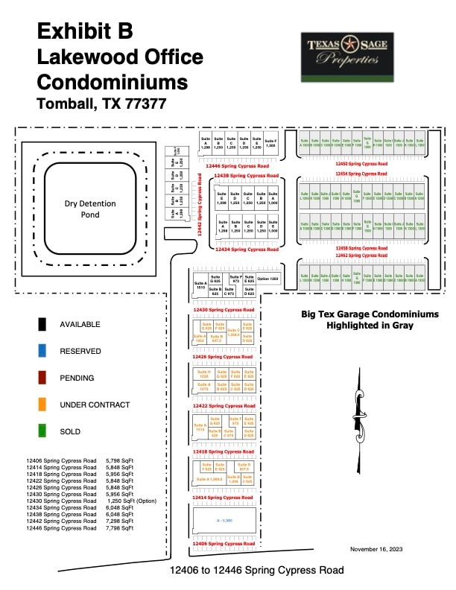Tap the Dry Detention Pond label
92,209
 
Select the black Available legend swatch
44,324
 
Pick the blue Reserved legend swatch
44,351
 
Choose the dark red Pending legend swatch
44,378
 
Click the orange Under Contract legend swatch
44,405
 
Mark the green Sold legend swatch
44,431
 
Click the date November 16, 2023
376,549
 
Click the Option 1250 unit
268,279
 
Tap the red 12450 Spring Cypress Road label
361,163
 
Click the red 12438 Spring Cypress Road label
246,176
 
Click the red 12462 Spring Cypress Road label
361,255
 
